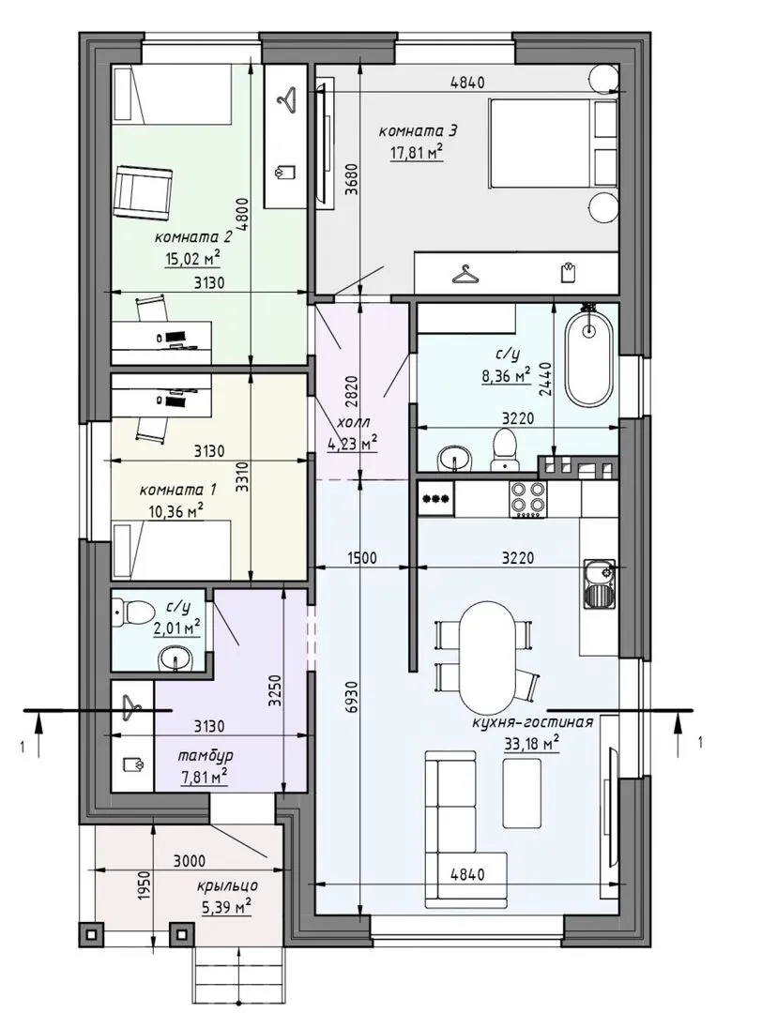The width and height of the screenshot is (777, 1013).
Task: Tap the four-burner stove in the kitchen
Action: pyautogui.click(x=528, y=499)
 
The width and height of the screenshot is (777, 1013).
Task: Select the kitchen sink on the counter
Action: pyautogui.click(x=600, y=583)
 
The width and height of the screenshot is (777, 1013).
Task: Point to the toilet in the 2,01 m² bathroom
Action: pyautogui.click(x=131, y=610)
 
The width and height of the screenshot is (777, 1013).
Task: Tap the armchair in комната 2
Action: pyautogui.click(x=144, y=189)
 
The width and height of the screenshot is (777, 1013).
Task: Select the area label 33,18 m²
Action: pyautogui.click(x=531, y=744)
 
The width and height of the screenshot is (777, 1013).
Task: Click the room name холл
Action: pyautogui.click(x=353, y=423)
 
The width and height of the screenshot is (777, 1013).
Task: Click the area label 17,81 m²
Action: pyautogui.click(x=417, y=153)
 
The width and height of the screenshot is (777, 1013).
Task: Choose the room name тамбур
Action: pyautogui.click(x=206, y=756)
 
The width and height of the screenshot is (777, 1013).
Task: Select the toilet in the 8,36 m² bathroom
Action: pyautogui.click(x=504, y=449)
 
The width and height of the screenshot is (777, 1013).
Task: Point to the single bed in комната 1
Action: pyautogui.click(x=172, y=549)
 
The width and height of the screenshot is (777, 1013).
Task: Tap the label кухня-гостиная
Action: pyautogui.click(x=533, y=722)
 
